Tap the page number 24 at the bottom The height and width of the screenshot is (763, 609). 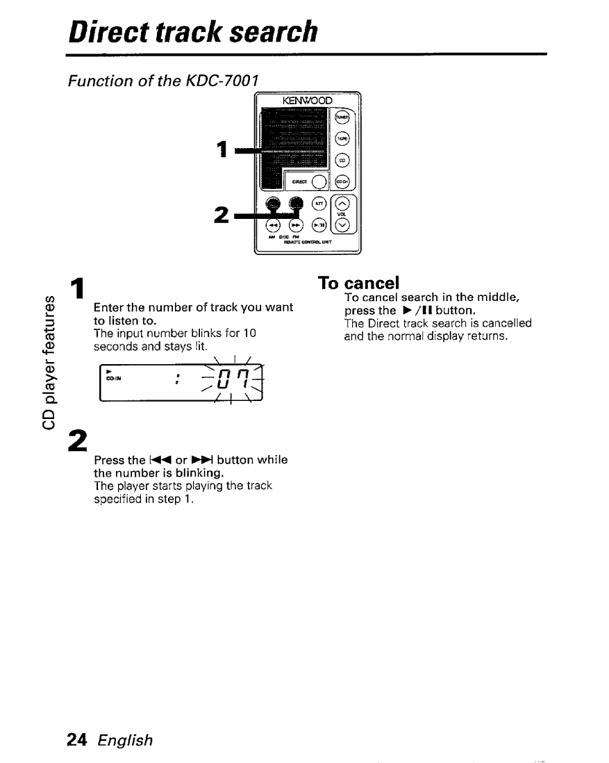[x=76, y=740]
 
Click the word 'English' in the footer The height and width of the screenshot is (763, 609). [x=125, y=740]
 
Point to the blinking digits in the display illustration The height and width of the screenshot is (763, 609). [x=220, y=380]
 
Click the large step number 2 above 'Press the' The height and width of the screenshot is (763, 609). [x=78, y=441]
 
